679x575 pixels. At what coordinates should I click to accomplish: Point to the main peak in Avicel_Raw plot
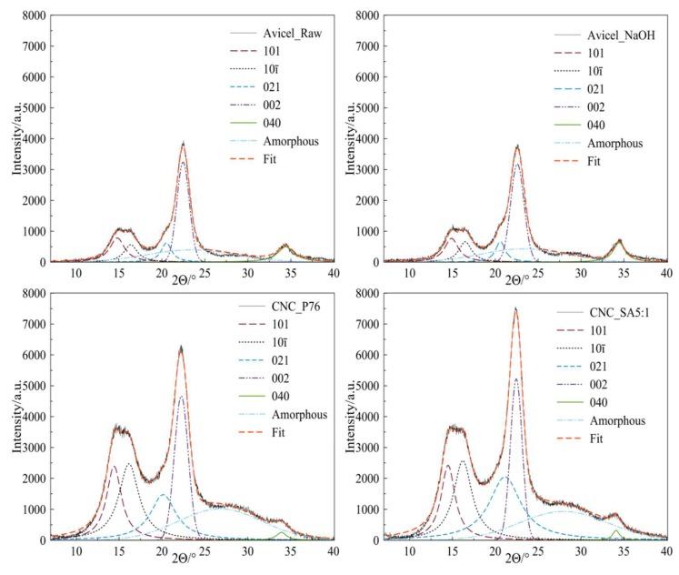click(183, 143)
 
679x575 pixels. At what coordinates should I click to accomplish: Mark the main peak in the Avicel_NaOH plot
click(517, 146)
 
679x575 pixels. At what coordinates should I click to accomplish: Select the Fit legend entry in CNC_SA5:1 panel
click(604, 438)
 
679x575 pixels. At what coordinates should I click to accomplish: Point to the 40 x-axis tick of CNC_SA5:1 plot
click(666, 551)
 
